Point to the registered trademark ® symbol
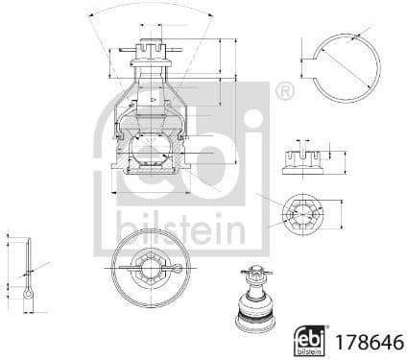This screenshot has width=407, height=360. (x=283, y=92)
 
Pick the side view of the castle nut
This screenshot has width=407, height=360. (x=302, y=157)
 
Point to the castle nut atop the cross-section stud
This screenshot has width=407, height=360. (x=150, y=49)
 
